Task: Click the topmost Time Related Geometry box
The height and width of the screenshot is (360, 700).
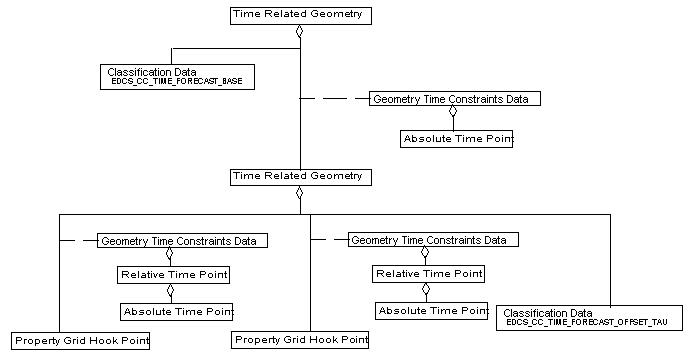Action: (300, 15)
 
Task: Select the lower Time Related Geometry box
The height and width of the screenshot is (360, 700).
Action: (300, 177)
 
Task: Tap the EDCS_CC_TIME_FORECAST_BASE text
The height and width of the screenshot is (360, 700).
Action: (178, 80)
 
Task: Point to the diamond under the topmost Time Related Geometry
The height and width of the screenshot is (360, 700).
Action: (300, 31)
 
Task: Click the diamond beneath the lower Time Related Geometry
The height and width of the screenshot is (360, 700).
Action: (300, 193)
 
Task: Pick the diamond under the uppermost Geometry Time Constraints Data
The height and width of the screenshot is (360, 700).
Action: (453, 112)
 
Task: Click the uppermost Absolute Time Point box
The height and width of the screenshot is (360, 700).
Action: (457, 139)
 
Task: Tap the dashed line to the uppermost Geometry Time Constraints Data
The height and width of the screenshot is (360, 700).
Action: (335, 99)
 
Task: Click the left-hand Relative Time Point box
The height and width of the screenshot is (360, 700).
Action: (174, 274)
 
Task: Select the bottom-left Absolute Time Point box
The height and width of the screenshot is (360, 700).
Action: (176, 312)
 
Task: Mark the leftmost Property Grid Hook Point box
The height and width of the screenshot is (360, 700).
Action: (82, 341)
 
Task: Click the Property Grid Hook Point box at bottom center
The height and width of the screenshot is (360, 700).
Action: (300, 341)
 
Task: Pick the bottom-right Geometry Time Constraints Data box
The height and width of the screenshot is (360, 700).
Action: (433, 240)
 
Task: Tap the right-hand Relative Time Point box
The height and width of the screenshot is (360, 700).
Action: (428, 273)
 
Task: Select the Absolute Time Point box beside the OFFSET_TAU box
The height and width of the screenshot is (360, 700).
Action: (432, 311)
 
